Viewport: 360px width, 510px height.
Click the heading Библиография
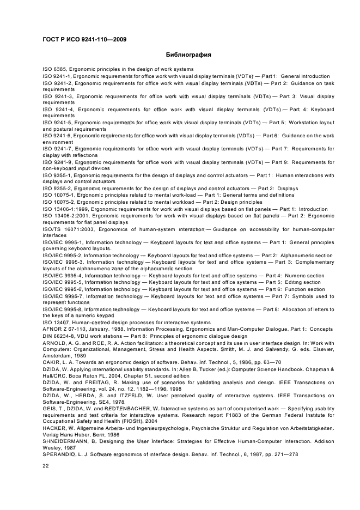188,54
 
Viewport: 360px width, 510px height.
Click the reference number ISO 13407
57,322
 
